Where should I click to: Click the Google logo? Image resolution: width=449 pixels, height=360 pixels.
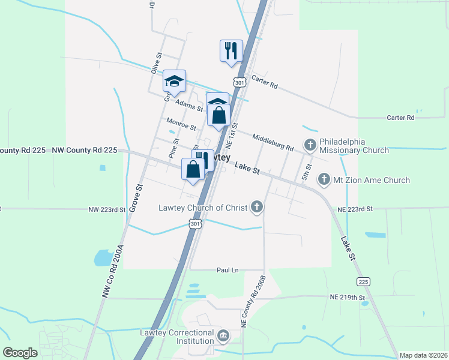coord(20,352)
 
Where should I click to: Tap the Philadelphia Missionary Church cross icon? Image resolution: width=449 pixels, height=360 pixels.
coord(310,145)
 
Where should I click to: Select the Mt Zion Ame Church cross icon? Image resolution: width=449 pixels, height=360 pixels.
coord(324,179)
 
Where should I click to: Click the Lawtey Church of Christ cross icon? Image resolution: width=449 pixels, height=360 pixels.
coord(257,208)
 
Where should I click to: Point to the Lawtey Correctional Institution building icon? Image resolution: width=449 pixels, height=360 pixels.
coord(223,335)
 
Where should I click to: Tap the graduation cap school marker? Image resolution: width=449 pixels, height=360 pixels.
coord(174,81)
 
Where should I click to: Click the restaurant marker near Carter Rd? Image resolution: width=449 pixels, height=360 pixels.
coord(231,50)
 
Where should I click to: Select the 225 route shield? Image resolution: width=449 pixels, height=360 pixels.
coord(363,281)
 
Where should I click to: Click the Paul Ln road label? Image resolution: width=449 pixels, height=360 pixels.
coord(228,271)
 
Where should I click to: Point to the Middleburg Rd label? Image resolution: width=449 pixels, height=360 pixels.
coord(273,143)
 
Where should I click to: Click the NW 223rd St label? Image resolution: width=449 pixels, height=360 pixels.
coord(107,209)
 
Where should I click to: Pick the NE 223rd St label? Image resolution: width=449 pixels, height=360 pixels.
coord(355,209)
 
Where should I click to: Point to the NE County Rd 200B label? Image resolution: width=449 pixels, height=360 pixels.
coord(253,301)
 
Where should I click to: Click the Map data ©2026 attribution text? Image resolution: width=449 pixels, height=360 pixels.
coord(423,355)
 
